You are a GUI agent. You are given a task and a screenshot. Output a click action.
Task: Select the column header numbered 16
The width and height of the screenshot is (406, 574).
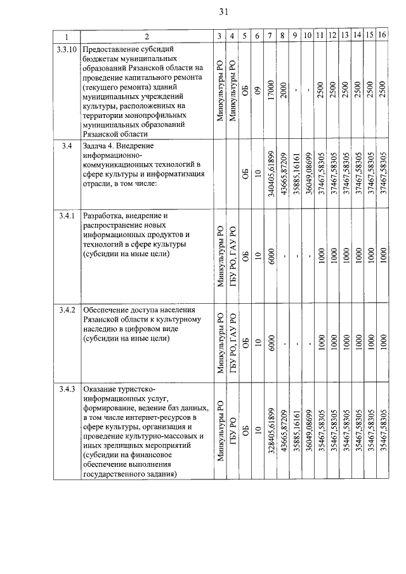coord(383,36)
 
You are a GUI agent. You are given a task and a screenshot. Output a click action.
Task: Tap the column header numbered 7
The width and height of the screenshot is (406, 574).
coord(271,36)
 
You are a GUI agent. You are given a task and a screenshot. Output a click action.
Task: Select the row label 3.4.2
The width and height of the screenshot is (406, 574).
coord(66,310)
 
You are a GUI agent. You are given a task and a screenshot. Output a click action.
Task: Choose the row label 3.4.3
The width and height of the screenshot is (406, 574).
coord(66,388)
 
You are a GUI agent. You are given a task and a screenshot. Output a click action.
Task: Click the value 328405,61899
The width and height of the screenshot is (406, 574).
coord(271,429)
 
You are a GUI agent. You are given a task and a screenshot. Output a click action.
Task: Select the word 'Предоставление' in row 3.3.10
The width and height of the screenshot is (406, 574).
coord(114,49)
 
